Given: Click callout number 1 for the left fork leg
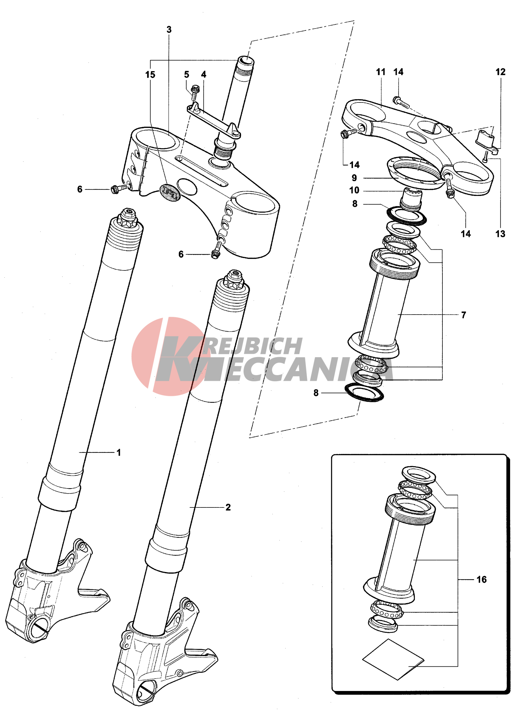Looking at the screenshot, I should tap(119, 452).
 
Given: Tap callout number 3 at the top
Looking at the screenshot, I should tap(169, 30).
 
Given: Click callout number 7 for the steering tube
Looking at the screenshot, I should tap(464, 315).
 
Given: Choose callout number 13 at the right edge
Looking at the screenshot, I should tap(500, 234).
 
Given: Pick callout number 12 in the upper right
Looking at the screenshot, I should tap(500, 72).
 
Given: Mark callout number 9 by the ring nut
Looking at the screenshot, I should tap(354, 178).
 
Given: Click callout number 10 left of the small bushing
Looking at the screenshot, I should tap(354, 190).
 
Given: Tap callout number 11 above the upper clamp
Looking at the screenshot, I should tap(381, 72).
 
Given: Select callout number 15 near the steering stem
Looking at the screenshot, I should tap(150, 75).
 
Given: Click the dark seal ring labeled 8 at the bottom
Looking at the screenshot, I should tap(364, 393).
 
